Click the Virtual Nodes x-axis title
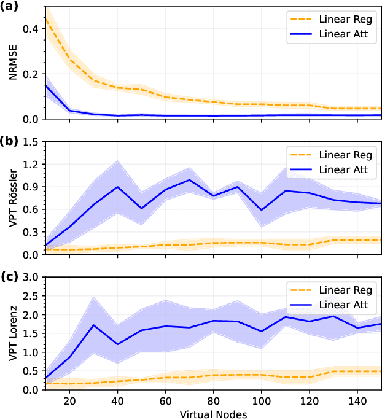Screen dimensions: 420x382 (213, 414)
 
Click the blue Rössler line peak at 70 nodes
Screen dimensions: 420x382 (190, 180)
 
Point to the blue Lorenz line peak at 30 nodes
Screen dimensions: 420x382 (93, 325)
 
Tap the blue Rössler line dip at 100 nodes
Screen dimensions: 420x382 (262, 210)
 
